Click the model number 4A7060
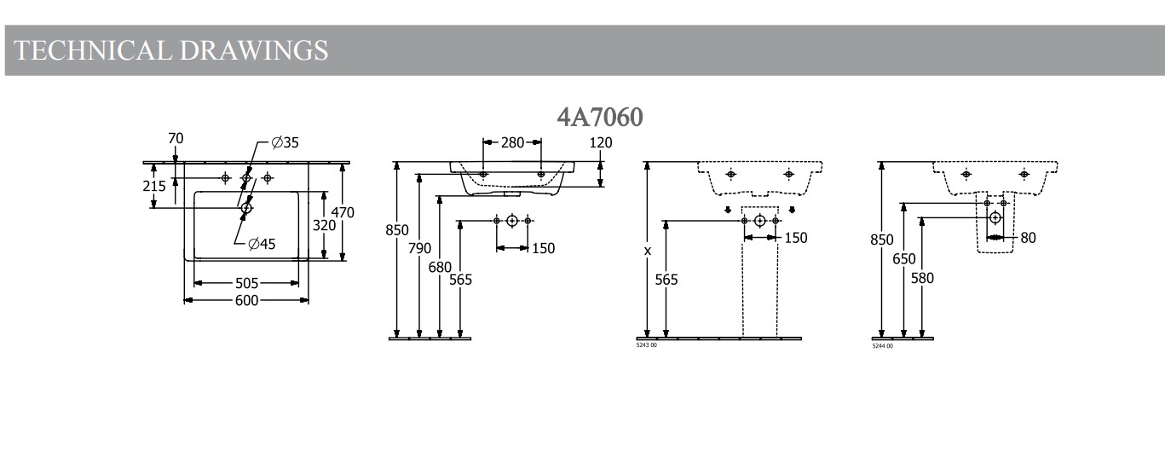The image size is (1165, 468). pos(600,117)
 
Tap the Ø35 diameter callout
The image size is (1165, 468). pos(285,142)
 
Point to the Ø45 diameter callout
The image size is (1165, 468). pos(262,245)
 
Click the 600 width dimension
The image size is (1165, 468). pos(247,300)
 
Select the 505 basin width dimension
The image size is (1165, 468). pos(247,282)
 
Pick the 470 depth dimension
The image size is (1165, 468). pos(343,211)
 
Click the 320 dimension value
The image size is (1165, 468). pos(324,226)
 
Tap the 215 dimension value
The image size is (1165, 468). pos(154,187)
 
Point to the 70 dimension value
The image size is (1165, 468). pos(176,138)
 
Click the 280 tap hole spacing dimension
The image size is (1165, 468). pos(512,142)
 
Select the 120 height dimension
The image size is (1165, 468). pos(601,142)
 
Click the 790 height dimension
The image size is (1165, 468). pos(419,248)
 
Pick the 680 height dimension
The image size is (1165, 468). pos(440,267)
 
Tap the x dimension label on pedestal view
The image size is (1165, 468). pos(648,251)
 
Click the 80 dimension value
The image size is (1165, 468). pos(1028,238)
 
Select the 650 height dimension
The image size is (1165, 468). pos(904,259)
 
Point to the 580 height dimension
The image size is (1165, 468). pos(922,278)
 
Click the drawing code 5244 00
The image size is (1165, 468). pos(883,346)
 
